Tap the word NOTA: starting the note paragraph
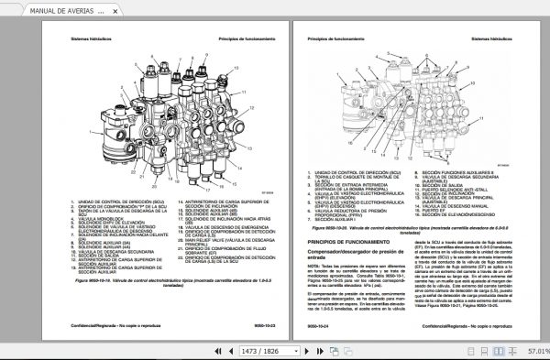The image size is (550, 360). coord(313,263)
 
